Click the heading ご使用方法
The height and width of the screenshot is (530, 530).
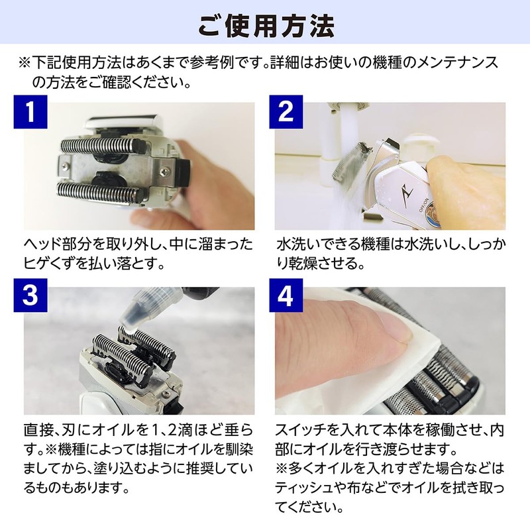pyautogui.click(x=266, y=26)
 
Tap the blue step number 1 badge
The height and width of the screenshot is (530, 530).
pyautogui.click(x=30, y=112)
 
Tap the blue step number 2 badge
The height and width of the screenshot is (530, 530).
pyautogui.click(x=286, y=112)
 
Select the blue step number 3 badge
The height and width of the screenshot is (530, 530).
pyautogui.click(x=30, y=295)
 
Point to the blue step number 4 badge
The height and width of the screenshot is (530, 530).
pyautogui.click(x=286, y=295)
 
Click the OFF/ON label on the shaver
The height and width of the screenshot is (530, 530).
pyautogui.click(x=424, y=205)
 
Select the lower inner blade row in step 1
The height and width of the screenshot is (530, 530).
pyautogui.click(x=99, y=193)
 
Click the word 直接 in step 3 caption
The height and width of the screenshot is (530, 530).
pyautogui.click(x=38, y=430)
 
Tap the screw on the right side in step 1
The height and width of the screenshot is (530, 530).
pyautogui.click(x=164, y=172)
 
